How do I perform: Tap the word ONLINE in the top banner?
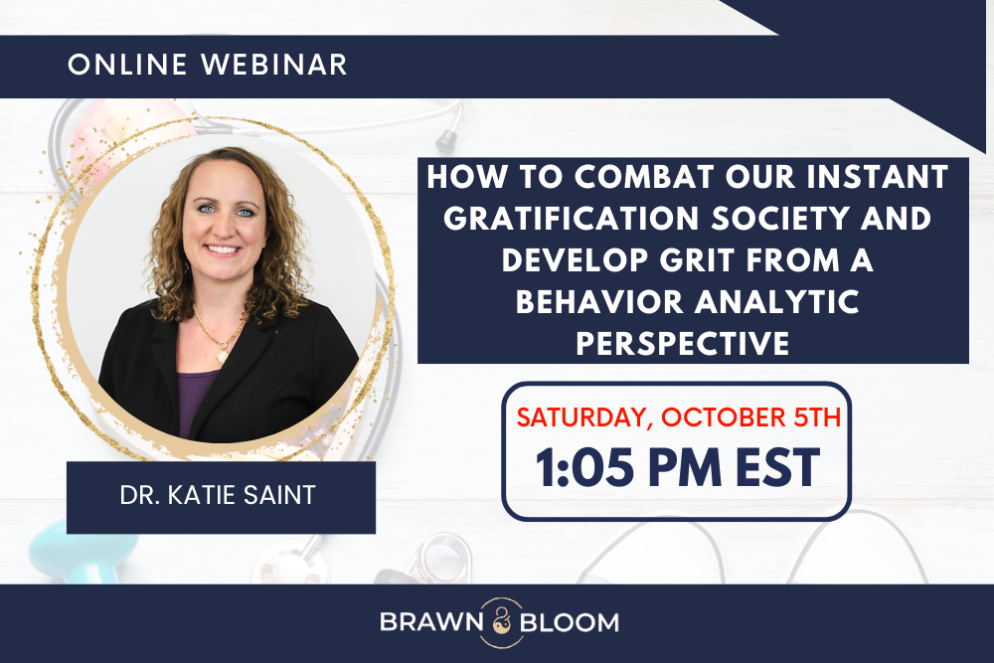coord(131,65)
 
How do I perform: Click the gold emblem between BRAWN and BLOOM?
coord(496,622)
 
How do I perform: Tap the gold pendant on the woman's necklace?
coord(222,355)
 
